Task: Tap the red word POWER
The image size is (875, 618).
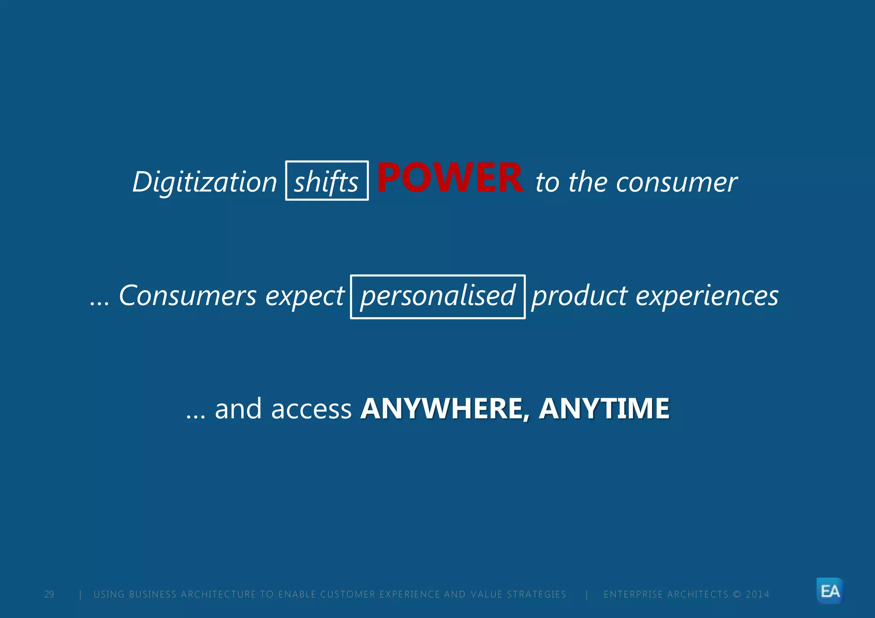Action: coord(450,178)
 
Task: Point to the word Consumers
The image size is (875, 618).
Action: coord(188,296)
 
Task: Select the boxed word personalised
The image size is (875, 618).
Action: coord(438,297)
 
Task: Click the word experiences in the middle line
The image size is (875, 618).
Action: coord(707,297)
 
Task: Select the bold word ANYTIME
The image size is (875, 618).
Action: coord(604,409)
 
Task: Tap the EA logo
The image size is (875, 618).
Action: coord(830,591)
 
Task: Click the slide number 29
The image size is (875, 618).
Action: coord(49,595)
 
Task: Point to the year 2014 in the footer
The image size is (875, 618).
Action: coord(758,595)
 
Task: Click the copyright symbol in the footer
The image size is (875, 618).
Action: coord(737,595)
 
